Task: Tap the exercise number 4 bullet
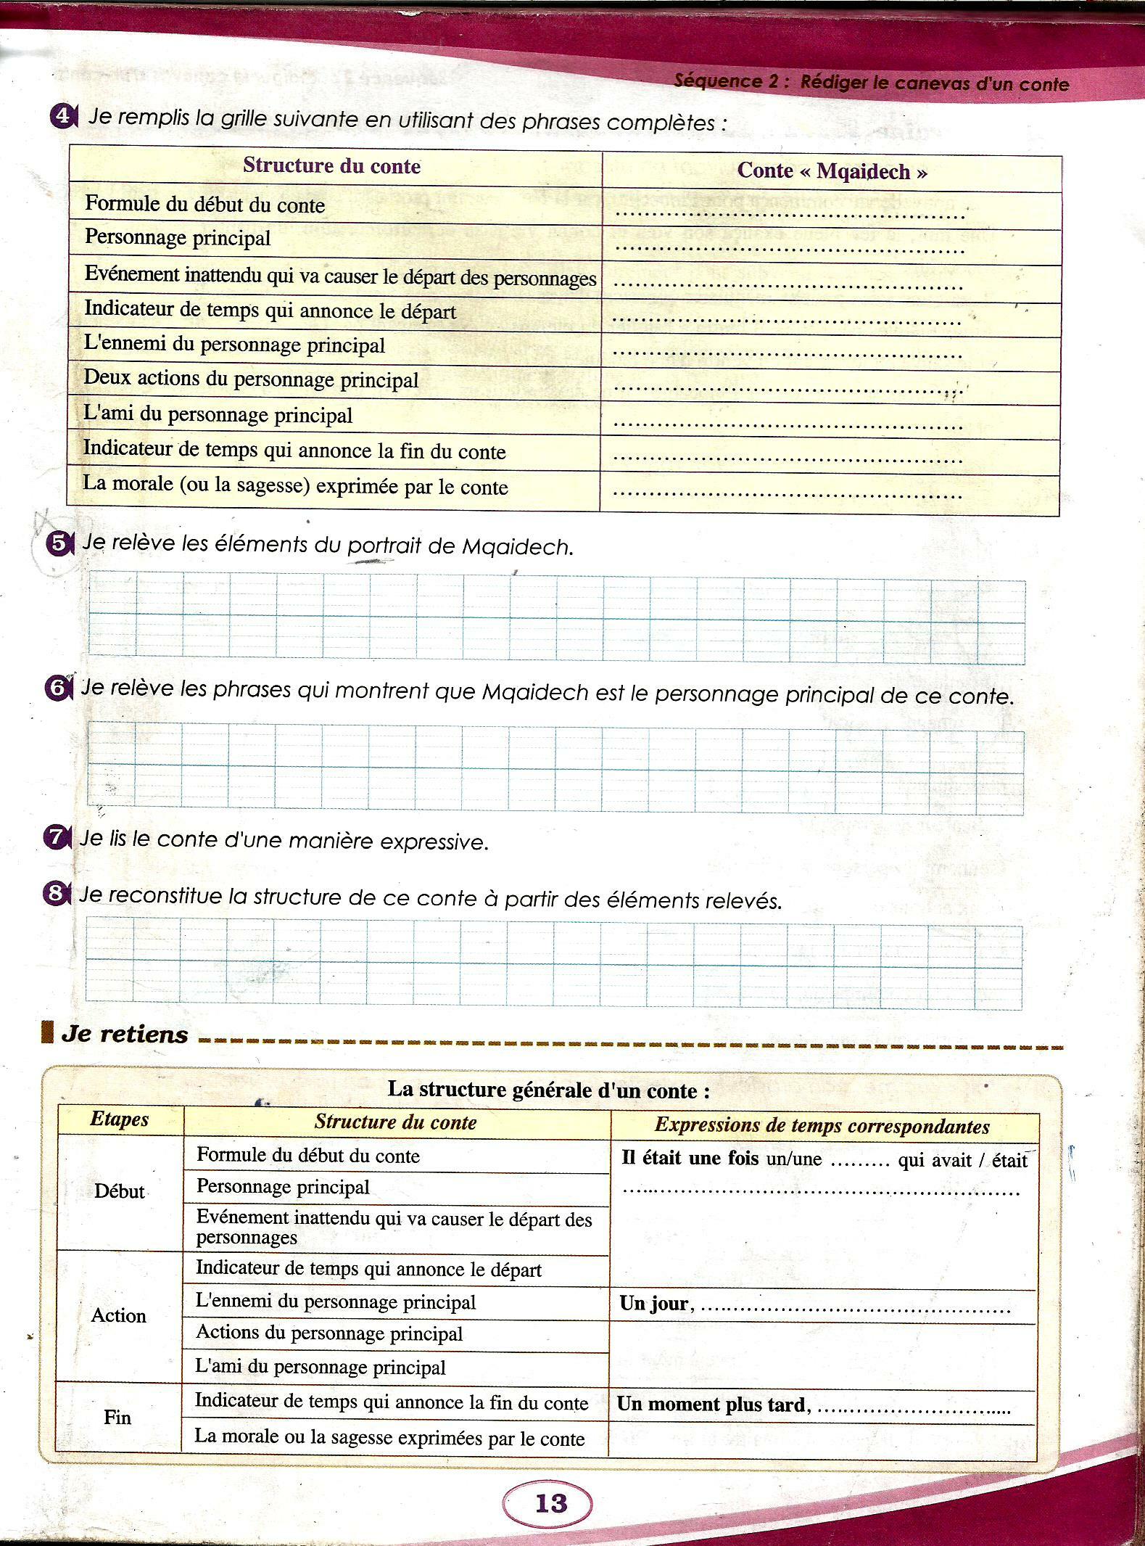point(62,117)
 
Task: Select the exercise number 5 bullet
point(58,544)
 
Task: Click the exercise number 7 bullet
point(56,838)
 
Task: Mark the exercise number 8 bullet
point(56,895)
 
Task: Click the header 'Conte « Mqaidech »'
point(832,172)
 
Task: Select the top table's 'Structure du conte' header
point(331,166)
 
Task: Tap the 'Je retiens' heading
point(125,1034)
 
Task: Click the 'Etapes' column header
point(120,1119)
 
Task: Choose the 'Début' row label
point(120,1191)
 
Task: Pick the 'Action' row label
point(118,1315)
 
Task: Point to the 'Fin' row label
point(117,1417)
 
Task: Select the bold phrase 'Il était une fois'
point(690,1159)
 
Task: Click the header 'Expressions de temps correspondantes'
point(822,1126)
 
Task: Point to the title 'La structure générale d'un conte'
point(548,1090)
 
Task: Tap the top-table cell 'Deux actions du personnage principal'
point(251,379)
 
